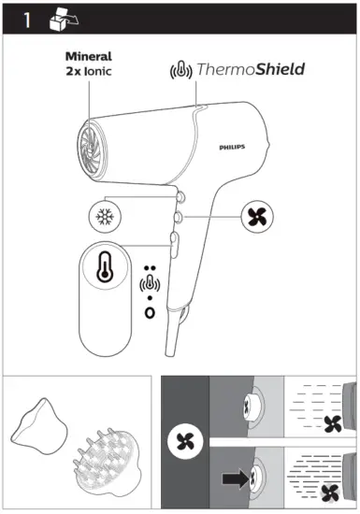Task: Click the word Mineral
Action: click(88, 56)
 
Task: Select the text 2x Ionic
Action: click(88, 71)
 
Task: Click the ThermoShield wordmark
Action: click(250, 70)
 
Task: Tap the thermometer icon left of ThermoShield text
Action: click(180, 71)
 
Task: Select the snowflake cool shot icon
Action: click(104, 215)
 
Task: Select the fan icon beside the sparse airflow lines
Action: click(329, 425)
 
